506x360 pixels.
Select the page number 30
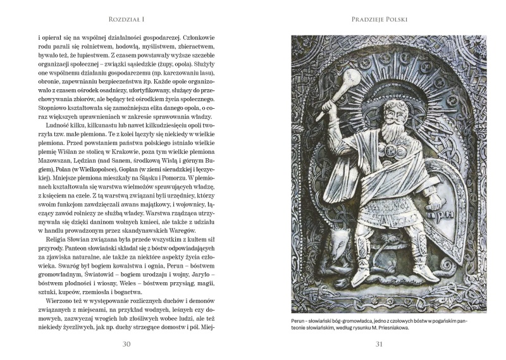pos(126,344)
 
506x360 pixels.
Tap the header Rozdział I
pos(126,20)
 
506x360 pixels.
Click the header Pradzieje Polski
pos(379,20)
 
